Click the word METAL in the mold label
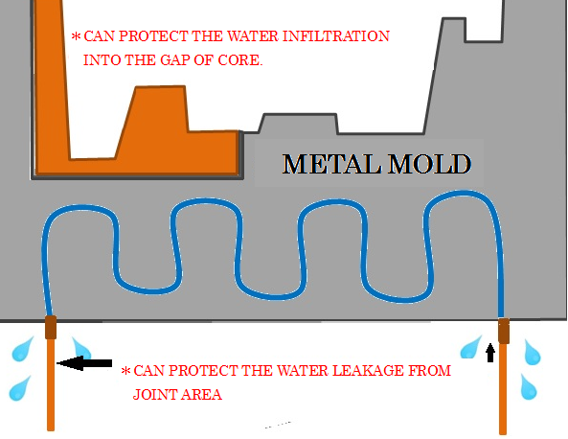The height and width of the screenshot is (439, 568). point(331,164)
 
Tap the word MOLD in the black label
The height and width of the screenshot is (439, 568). point(430,164)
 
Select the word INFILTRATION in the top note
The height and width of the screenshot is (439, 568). point(336,36)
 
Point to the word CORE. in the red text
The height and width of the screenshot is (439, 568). point(239,60)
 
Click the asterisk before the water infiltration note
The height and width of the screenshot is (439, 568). point(76,36)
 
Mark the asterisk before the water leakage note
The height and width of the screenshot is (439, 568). point(125,371)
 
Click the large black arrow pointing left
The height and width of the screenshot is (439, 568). point(84,363)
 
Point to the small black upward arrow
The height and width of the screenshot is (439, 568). point(490,353)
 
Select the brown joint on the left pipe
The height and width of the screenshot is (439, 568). point(51,328)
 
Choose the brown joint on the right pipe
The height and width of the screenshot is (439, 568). point(504,331)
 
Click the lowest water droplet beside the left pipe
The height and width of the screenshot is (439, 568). point(20,388)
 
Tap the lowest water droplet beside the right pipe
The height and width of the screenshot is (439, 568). point(529,387)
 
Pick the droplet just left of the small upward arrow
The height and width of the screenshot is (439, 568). point(470,347)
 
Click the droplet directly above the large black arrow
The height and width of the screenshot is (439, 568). point(80,348)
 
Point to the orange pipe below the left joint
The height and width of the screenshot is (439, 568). point(51,385)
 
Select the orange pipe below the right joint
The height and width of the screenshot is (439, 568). point(503,388)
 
